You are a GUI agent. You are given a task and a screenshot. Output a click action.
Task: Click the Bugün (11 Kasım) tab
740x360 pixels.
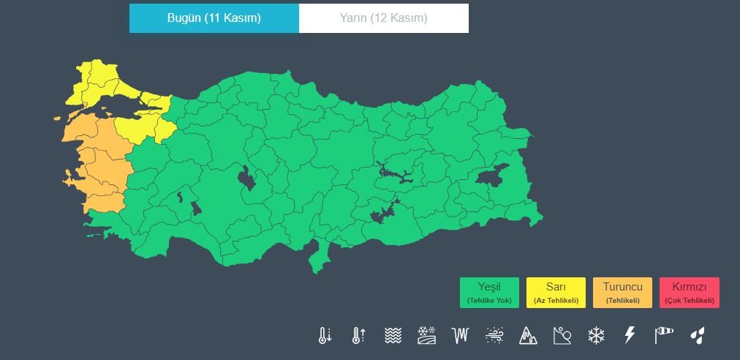[214, 18]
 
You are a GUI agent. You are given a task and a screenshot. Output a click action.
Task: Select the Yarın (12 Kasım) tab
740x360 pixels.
[384, 18]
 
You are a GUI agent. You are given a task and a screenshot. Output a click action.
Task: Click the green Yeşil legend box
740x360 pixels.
[489, 293]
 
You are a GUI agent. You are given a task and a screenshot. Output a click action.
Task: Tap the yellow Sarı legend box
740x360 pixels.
[556, 293]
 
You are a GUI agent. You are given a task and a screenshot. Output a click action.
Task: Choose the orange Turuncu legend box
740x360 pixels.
[622, 293]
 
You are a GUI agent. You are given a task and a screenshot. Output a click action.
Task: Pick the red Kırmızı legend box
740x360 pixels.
[689, 293]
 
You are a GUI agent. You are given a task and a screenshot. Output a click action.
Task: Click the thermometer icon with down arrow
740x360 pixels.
[325, 336]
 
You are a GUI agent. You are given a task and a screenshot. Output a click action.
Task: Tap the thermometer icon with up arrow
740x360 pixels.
[358, 336]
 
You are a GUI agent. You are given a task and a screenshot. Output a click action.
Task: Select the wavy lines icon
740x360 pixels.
[393, 336]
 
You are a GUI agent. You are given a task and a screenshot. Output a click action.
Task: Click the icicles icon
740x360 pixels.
[460, 336]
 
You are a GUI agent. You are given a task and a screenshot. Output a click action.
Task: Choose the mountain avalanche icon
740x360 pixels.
[527, 336]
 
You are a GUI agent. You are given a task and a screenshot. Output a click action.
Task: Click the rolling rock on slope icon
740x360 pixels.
[562, 336]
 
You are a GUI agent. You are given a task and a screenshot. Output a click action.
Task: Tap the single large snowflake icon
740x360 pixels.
[597, 336]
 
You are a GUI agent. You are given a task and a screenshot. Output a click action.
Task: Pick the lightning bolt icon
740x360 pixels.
[629, 336]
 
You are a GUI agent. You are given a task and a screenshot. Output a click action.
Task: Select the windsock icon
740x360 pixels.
[663, 335]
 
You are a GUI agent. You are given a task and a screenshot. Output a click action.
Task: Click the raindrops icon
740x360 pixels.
[698, 336]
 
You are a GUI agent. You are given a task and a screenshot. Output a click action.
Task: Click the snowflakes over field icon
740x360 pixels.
[426, 336]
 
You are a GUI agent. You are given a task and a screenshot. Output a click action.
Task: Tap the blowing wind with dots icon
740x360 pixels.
[494, 336]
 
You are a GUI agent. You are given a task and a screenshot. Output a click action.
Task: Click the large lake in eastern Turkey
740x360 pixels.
[492, 176]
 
